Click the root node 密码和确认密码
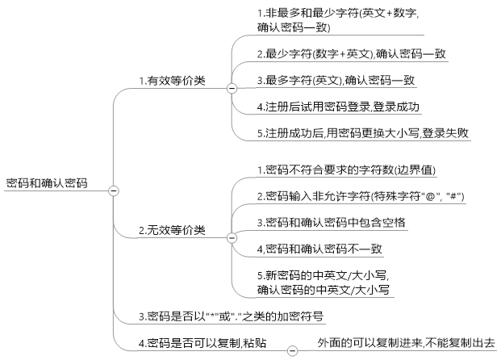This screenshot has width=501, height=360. coord(47,183)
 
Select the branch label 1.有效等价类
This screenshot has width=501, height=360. coord(172,80)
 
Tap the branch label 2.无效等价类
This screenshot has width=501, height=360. coord(172,230)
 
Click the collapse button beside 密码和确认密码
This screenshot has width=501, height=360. coord(113,190)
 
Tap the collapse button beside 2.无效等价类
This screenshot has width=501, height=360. coord(232,237)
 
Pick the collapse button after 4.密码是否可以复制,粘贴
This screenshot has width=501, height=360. coord(292,350)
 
